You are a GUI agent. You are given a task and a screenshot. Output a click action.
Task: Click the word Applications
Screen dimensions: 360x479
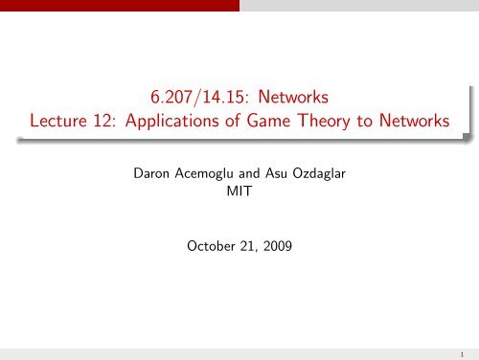click(x=188, y=125)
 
